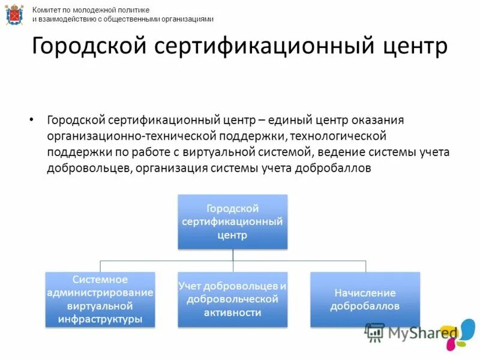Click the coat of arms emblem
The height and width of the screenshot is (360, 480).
click(x=14, y=14)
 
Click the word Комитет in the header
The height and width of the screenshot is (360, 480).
click(x=48, y=10)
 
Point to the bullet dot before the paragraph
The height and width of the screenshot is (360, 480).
click(x=32, y=119)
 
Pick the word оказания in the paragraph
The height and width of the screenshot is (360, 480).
click(x=378, y=120)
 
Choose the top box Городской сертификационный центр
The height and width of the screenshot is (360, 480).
click(x=233, y=221)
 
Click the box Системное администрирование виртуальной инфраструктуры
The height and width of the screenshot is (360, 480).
click(x=100, y=299)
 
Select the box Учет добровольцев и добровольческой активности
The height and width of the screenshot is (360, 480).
click(x=233, y=299)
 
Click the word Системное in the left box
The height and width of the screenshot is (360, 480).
click(x=100, y=280)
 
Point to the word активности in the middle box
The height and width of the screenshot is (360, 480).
click(x=233, y=313)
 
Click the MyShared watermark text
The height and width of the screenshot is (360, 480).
click(x=422, y=332)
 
